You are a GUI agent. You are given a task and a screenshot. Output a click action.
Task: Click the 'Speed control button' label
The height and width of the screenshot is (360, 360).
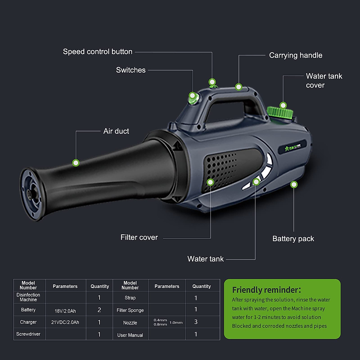click(x=97, y=52)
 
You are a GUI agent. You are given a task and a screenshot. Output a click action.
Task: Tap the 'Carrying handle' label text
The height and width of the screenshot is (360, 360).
click(x=295, y=55)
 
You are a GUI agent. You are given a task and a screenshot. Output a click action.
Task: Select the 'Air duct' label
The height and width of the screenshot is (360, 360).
click(x=116, y=131)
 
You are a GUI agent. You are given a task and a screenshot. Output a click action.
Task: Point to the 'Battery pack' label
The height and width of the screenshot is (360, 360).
click(x=293, y=238)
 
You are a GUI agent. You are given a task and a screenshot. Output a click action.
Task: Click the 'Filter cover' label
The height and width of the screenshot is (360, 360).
click(x=139, y=237)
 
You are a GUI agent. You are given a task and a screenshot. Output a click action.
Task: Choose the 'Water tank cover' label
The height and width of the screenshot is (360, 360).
click(x=324, y=80)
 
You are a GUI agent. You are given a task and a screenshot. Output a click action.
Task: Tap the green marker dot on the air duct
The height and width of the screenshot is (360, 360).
click(x=76, y=163)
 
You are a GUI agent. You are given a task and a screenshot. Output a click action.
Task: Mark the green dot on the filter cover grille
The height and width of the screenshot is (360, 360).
click(x=210, y=182)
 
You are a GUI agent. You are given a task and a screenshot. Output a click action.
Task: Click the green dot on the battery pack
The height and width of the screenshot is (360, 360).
click(x=294, y=184)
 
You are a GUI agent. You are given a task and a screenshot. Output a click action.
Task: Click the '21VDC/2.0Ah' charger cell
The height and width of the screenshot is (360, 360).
click(x=65, y=322)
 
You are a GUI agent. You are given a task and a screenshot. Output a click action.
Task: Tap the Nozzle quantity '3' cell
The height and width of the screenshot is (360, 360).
click(x=196, y=322)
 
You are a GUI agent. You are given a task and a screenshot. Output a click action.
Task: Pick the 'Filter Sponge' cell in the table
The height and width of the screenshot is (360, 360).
click(x=130, y=310)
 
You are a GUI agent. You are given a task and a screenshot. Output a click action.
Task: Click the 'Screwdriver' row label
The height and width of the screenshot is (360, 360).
click(x=28, y=334)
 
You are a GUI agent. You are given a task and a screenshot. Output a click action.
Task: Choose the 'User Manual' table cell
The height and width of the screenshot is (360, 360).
click(x=130, y=335)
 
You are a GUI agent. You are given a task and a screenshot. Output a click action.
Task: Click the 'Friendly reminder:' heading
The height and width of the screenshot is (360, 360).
click(x=266, y=290)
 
